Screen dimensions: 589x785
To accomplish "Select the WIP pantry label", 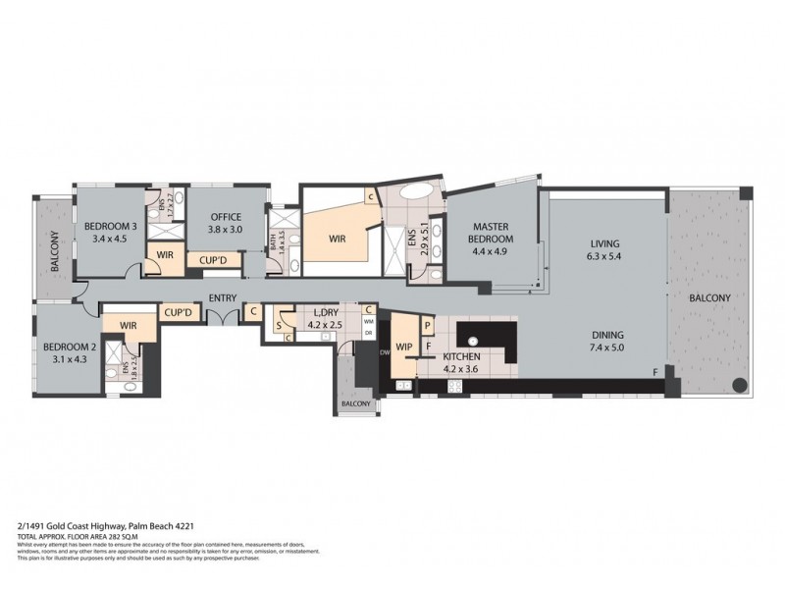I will [x=404, y=330].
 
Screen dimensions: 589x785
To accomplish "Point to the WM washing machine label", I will [x=369, y=321].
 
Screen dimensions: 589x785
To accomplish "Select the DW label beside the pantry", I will [x=385, y=350].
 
